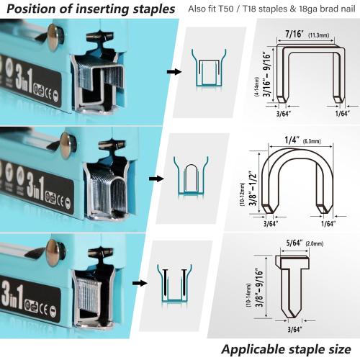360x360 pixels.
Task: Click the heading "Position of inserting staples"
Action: point(89,9)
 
